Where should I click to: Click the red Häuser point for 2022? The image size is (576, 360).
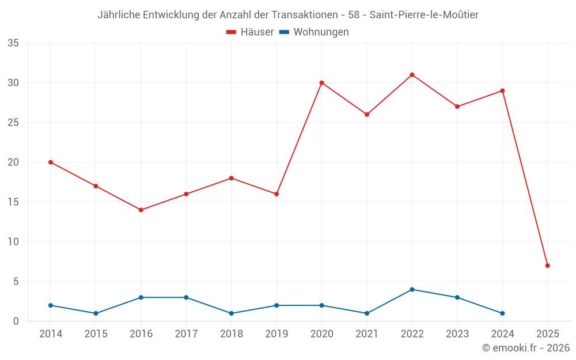coord(412,75)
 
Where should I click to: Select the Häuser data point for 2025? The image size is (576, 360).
coord(548,266)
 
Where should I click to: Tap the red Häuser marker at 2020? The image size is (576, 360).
coord(322,83)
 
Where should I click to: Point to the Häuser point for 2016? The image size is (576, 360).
coord(141,210)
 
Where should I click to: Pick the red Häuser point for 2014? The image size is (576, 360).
coord(51,162)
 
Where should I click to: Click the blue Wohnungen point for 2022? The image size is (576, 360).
coord(412,289)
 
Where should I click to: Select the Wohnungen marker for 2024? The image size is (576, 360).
coord(502,313)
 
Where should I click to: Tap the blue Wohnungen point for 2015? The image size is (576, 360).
coord(96,313)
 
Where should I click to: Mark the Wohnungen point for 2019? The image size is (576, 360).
coord(276,305)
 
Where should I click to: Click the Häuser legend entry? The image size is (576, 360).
coord(250,32)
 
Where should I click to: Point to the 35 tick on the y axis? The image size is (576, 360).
coord(13,43)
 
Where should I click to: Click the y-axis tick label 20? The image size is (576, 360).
coord(13,162)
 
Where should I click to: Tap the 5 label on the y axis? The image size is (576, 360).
coord(16,282)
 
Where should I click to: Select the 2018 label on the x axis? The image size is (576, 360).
coord(232,334)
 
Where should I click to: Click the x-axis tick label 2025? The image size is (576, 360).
coord(548,334)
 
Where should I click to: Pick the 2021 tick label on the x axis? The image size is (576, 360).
coord(367,334)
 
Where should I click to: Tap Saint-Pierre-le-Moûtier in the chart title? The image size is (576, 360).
coord(424,15)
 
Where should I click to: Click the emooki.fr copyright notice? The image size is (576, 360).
coord(526,348)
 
